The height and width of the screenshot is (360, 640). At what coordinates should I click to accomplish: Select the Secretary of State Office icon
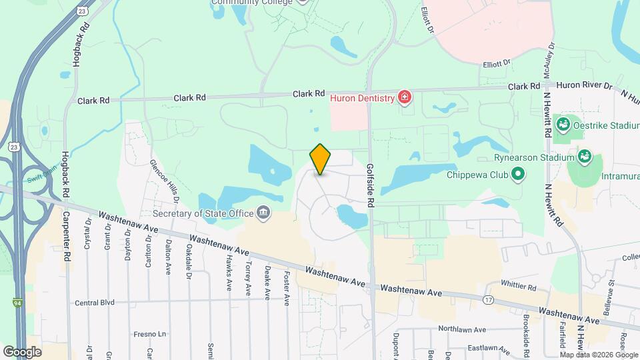(264, 213)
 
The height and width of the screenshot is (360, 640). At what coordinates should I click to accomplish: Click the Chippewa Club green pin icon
(518, 176)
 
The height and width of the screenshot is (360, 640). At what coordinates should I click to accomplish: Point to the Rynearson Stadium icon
(585, 157)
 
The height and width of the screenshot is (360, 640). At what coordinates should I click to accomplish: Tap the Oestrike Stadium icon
(563, 123)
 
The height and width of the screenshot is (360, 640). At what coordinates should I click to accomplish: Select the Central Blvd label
(95, 302)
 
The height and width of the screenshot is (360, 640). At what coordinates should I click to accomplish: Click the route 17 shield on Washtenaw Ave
(489, 301)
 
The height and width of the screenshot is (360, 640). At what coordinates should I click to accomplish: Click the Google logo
(22, 351)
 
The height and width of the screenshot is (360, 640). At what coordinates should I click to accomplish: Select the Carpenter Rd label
(67, 237)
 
